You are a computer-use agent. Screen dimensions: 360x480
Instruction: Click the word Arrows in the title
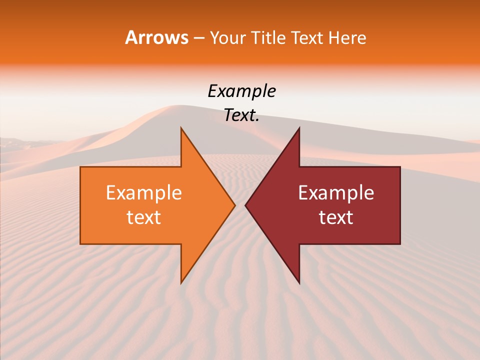click(x=156, y=37)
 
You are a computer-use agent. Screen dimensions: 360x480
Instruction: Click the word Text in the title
click(x=308, y=37)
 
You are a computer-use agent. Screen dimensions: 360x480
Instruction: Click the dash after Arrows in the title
click(x=198, y=38)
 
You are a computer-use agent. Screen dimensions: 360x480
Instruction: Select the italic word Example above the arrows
click(x=242, y=91)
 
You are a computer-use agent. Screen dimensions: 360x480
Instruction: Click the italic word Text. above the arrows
click(x=242, y=115)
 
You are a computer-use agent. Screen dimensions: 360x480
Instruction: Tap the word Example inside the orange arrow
click(x=144, y=193)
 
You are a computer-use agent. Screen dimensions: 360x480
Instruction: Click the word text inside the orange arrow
click(x=144, y=217)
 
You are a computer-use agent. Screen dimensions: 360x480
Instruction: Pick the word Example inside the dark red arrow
click(x=336, y=193)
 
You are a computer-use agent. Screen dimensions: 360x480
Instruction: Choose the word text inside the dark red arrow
click(x=336, y=217)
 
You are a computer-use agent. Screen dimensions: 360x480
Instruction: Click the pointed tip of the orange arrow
click(x=234, y=205)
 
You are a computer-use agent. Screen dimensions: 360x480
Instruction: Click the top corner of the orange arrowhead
click(x=181, y=128)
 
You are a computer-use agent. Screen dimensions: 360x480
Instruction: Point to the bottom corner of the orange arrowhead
click(x=181, y=283)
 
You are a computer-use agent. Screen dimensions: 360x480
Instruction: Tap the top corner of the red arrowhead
click(x=299, y=128)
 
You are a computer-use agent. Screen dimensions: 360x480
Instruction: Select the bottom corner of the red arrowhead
click(x=299, y=283)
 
